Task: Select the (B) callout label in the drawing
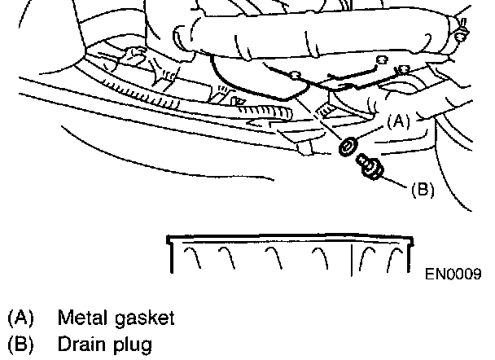pos(422,190)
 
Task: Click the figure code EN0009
pos(453,274)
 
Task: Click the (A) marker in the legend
pos(20,317)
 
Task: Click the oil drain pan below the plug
pos(288,256)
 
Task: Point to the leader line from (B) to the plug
pos(395,180)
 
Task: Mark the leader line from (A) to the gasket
pos(370,134)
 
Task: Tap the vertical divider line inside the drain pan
pos(352,258)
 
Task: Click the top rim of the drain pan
pos(288,238)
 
